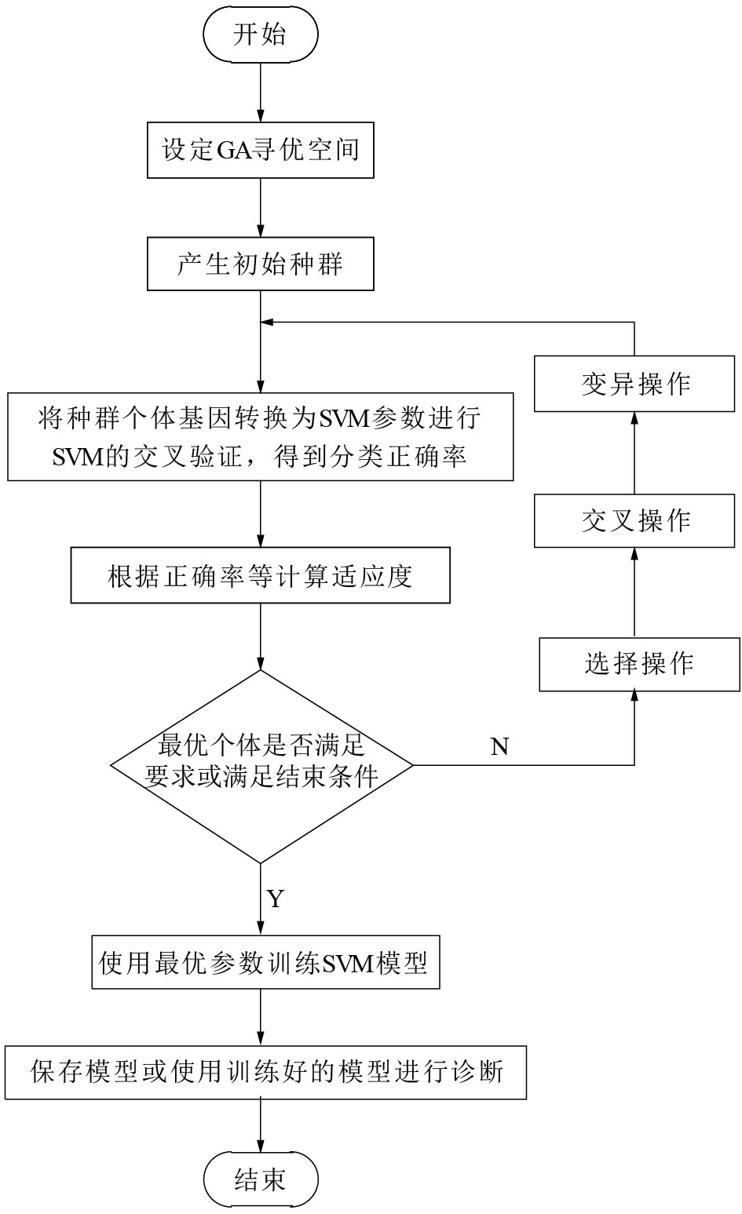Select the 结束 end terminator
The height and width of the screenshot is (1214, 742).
pyautogui.click(x=260, y=1179)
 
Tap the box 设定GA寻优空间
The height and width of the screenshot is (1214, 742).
pyautogui.click(x=260, y=149)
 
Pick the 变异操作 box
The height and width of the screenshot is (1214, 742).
pyautogui.click(x=635, y=384)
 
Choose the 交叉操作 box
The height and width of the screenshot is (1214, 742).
pyautogui.click(x=635, y=520)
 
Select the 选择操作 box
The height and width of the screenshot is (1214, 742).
pyautogui.click(x=638, y=664)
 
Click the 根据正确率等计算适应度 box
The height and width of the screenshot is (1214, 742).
pyautogui.click(x=260, y=576)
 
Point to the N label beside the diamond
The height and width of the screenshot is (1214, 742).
pyautogui.click(x=500, y=746)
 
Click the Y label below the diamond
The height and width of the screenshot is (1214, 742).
pyautogui.click(x=275, y=898)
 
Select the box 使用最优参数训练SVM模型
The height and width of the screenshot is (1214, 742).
pyautogui.click(x=264, y=962)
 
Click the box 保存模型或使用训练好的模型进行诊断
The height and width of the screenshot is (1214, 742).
pyautogui.click(x=265, y=1071)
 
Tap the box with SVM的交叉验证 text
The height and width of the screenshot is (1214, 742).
pyautogui.click(x=260, y=437)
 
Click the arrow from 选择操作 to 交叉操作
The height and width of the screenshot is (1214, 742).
pyautogui.click(x=634, y=592)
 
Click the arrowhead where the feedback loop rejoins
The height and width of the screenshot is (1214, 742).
pyautogui.click(x=268, y=322)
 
